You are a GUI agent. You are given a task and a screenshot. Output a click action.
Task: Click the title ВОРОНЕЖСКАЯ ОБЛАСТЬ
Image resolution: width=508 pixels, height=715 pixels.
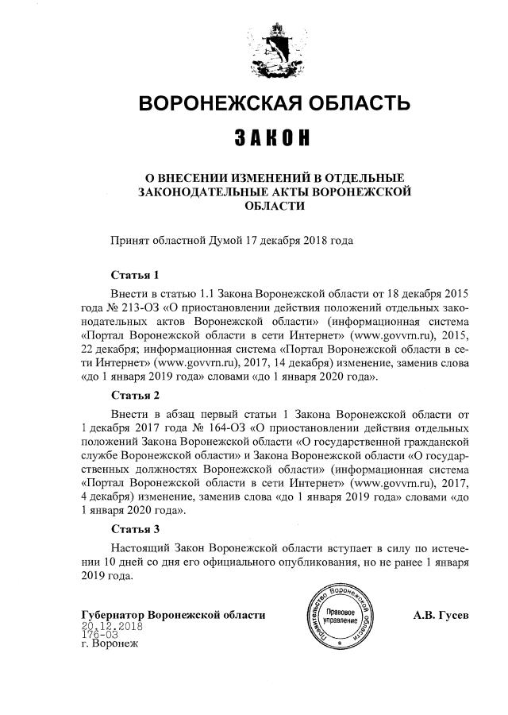click(x=275, y=104)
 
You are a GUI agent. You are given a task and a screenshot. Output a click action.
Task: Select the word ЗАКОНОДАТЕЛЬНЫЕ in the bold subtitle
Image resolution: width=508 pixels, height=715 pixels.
click(x=199, y=191)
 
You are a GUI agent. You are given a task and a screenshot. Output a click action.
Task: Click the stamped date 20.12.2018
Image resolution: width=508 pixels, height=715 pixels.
click(x=110, y=626)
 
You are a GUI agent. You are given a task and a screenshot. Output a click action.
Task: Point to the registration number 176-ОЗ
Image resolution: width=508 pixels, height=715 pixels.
click(x=99, y=635)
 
